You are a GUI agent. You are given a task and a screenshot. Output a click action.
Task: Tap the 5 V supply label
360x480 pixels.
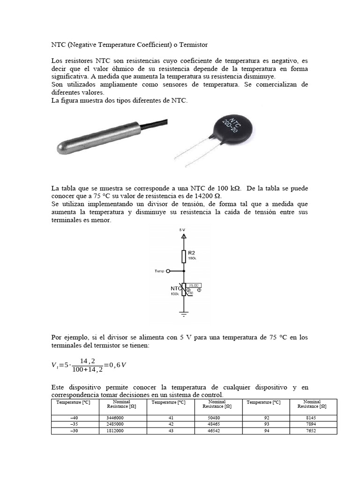coord(183,230)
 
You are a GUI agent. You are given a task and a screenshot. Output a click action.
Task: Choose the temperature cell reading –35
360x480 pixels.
coord(75,424)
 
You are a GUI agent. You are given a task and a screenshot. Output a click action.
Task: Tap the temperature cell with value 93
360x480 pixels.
coord(265,424)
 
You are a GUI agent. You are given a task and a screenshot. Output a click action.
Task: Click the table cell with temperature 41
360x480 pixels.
coord(170,417)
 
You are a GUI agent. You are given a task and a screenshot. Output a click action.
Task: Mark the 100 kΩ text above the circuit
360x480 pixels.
coord(228,188)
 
